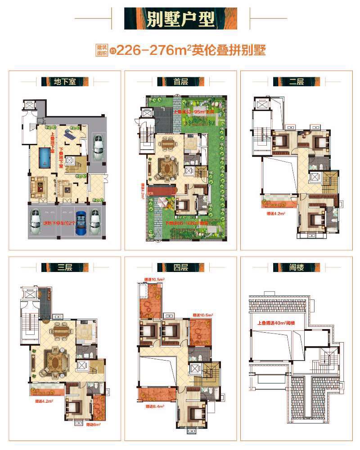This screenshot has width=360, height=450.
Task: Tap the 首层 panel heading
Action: tap(180, 82)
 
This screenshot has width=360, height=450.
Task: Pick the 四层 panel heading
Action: tap(180, 268)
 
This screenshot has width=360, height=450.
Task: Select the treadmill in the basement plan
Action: tap(68, 134)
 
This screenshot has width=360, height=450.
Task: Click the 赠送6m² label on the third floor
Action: tap(93, 424)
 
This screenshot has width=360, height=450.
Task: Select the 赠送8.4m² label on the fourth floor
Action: tap(154, 406)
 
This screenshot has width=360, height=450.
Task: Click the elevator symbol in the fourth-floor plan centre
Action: tap(195, 369)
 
